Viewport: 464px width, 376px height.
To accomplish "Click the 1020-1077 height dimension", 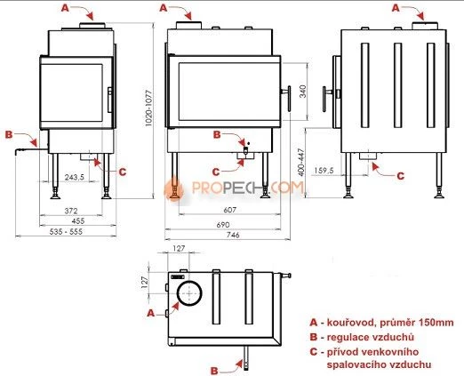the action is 148,108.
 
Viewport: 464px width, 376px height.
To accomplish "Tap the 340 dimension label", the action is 302,92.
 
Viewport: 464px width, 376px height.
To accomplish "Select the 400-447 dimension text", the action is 301,163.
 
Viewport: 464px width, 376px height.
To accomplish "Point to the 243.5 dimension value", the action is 75,177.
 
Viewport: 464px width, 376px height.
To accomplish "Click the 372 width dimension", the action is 71,211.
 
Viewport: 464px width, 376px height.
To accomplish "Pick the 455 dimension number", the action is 78,220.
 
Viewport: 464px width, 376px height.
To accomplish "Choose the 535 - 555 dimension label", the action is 66,232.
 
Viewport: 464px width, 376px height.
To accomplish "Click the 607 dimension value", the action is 230,210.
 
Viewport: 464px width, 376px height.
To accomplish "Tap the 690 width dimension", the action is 223,225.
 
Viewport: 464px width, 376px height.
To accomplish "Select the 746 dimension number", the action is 233,235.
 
